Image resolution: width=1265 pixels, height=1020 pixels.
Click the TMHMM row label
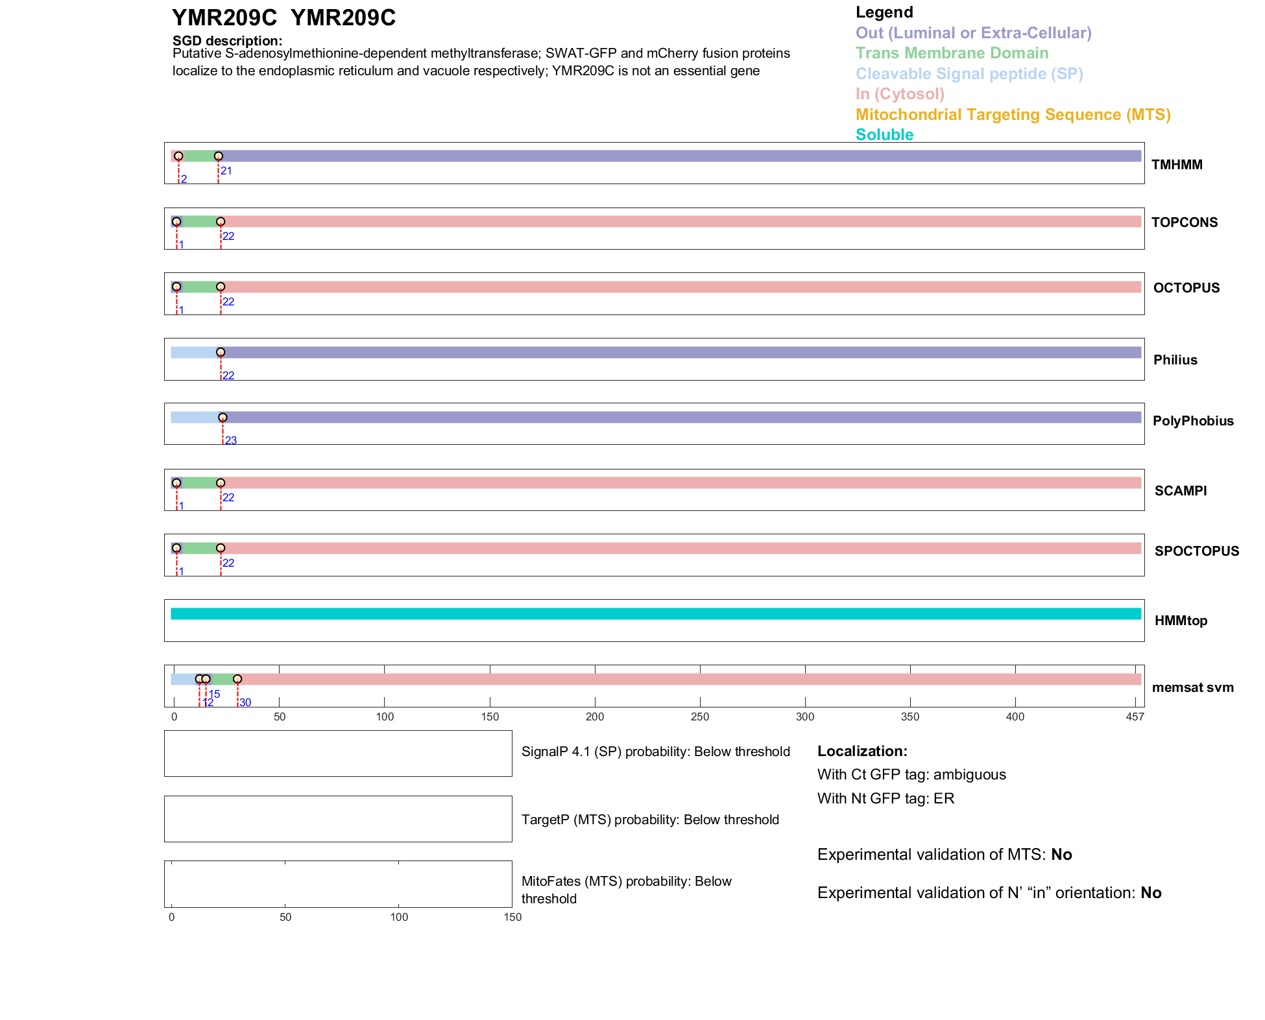click(1176, 165)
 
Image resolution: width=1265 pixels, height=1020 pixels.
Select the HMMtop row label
click(1181, 621)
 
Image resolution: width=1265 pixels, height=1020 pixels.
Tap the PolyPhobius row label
click(1192, 421)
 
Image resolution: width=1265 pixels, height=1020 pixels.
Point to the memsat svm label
click(1192, 687)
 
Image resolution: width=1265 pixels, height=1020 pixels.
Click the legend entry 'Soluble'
click(884, 135)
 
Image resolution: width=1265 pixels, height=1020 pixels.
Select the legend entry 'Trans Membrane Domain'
click(952, 53)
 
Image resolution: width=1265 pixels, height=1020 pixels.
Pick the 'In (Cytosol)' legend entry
click(900, 94)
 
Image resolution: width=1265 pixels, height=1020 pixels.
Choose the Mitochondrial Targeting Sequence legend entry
click(1013, 115)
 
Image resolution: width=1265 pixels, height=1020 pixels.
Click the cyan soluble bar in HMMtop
click(655, 613)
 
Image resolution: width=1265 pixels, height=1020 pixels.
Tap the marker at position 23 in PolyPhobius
click(223, 418)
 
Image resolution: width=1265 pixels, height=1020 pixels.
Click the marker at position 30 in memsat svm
click(237, 679)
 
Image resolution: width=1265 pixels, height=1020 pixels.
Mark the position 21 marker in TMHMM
click(219, 156)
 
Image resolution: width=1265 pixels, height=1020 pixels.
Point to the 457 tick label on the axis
click(1135, 717)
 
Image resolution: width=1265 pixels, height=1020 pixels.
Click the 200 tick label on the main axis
click(594, 717)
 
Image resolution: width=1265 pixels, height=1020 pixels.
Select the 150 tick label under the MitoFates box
click(512, 917)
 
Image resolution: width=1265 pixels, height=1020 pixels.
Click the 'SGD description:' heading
click(227, 41)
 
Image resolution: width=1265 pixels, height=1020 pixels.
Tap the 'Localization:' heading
click(861, 751)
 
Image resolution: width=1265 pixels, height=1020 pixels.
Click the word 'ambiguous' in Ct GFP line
click(969, 775)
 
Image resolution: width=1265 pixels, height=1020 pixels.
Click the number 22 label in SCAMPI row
click(228, 497)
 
